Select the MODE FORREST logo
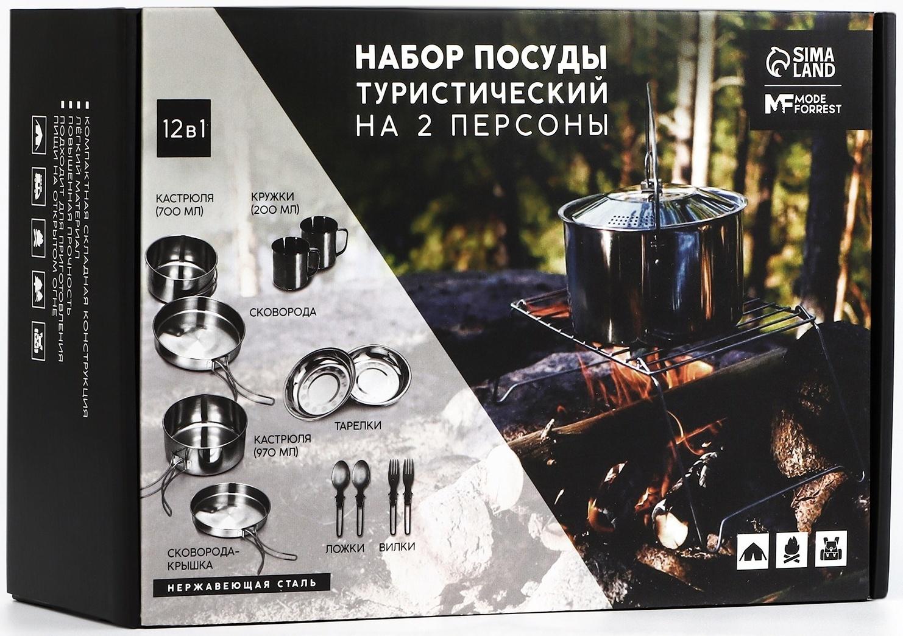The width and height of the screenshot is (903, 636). pyautogui.click(x=802, y=105)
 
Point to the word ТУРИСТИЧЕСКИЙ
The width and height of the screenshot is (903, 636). pyautogui.click(x=481, y=94)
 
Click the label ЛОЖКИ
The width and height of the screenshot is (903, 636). pyautogui.click(x=345, y=548)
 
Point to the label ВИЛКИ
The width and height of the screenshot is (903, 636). pyautogui.click(x=397, y=546)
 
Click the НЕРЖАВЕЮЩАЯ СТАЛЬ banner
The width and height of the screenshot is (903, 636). pyautogui.click(x=242, y=584)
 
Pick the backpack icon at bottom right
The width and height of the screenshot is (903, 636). pyautogui.click(x=830, y=549)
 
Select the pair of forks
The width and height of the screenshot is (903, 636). pyautogui.click(x=401, y=495)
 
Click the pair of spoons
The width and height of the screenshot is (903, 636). pyautogui.click(x=350, y=495)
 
